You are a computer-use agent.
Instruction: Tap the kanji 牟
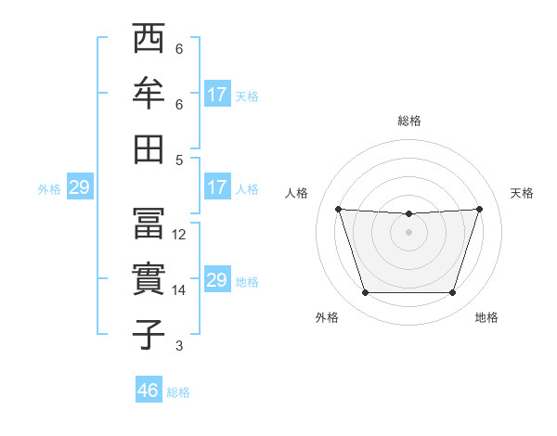coord(148,96)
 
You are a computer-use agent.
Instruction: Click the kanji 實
coord(148,280)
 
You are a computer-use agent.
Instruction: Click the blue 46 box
coord(149,391)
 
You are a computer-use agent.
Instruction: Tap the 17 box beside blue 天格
coord(217,95)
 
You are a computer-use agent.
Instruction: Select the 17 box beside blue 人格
coord(217,187)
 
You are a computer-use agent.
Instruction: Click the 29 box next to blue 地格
coord(217,280)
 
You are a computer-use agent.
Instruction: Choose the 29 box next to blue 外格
coord(79,187)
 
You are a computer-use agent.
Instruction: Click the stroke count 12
coord(179,235)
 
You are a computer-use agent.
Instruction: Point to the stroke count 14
coord(179,290)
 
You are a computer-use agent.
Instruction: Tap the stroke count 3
coord(179,346)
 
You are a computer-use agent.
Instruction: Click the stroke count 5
coord(179,160)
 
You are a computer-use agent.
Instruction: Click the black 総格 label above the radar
coord(408,121)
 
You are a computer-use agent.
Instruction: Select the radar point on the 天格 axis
coord(479,209)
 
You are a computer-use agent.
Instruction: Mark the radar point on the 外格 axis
coord(365,293)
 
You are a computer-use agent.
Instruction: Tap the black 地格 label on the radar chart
coord(486,317)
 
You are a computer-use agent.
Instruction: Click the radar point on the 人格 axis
coord(338,209)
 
